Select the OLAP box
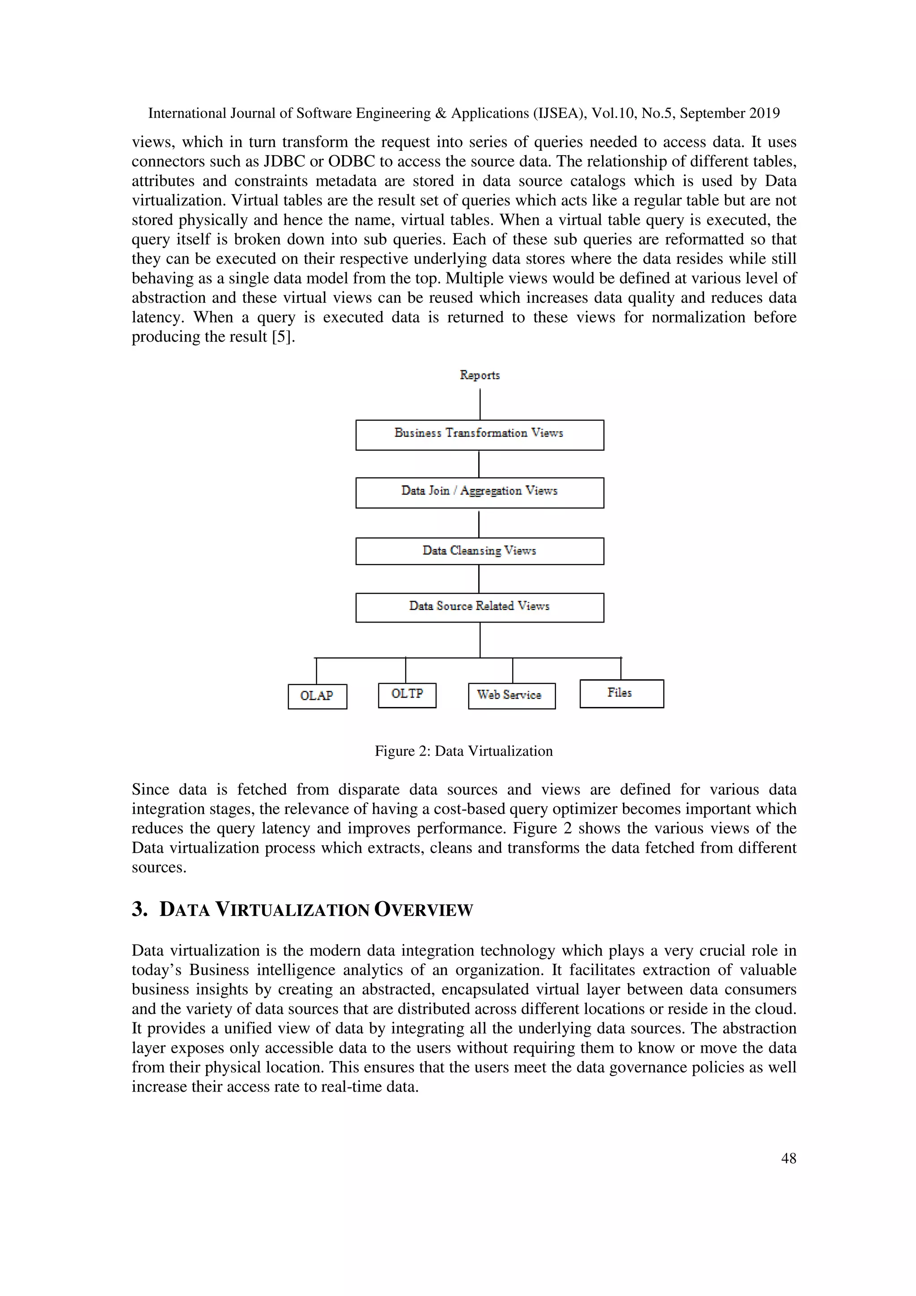coord(317,696)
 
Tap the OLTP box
coord(407,694)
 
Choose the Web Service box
coord(511,695)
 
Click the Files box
coord(621,693)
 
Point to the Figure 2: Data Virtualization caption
coord(463,751)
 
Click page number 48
coord(788,1158)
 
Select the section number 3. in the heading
coord(140,909)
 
